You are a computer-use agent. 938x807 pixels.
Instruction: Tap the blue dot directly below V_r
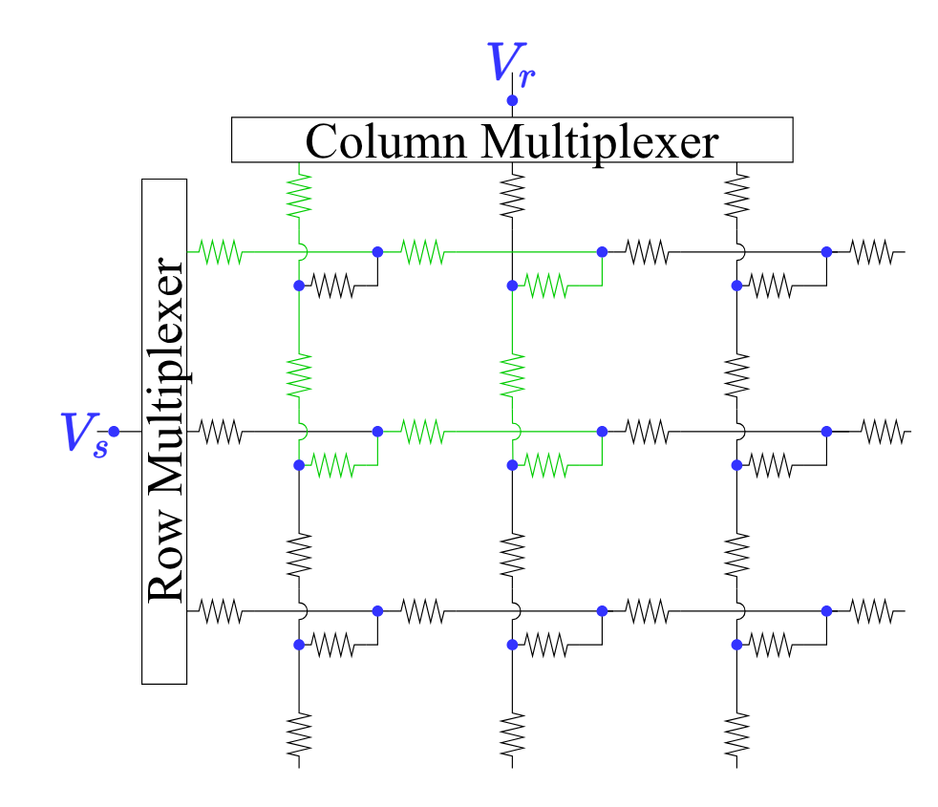[512, 100]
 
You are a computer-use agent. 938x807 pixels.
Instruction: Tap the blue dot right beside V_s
[114, 432]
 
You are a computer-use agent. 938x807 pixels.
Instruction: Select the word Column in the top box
[387, 141]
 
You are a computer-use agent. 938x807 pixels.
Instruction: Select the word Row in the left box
[164, 569]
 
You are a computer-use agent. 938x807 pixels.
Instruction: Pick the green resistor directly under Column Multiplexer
[300, 195]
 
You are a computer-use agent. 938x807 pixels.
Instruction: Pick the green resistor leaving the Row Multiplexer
[220, 252]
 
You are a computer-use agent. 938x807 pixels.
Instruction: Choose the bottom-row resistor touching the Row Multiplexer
[220, 610]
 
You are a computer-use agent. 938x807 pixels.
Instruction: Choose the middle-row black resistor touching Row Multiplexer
[220, 432]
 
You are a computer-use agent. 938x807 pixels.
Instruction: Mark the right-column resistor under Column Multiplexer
[736, 195]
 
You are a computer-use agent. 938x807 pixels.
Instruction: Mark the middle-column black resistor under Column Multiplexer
[513, 195]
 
